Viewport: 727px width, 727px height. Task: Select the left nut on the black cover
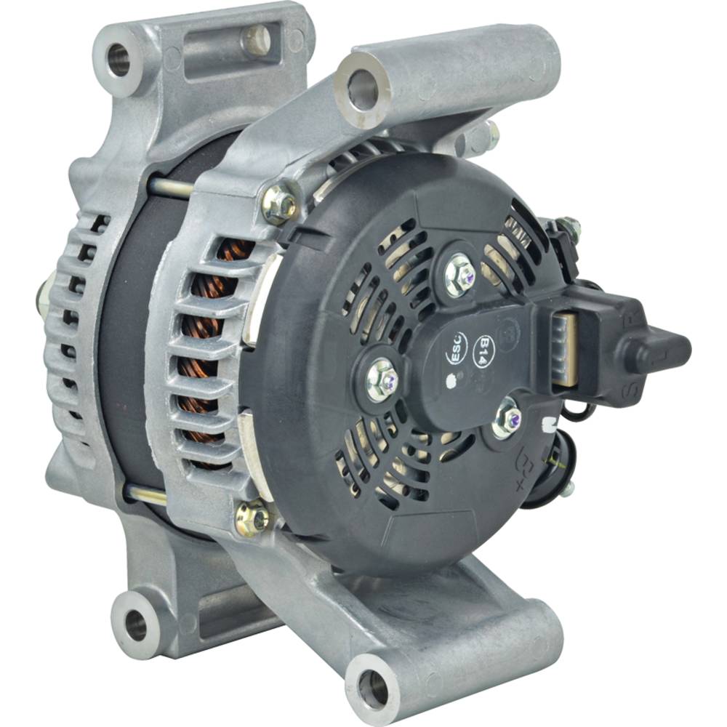pos(382,378)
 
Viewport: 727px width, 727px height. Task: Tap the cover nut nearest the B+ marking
pos(507,419)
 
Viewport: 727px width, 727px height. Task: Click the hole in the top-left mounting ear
pos(119,59)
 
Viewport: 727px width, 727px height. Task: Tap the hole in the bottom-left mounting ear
pos(135,624)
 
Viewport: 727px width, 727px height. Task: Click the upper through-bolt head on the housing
pos(280,206)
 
